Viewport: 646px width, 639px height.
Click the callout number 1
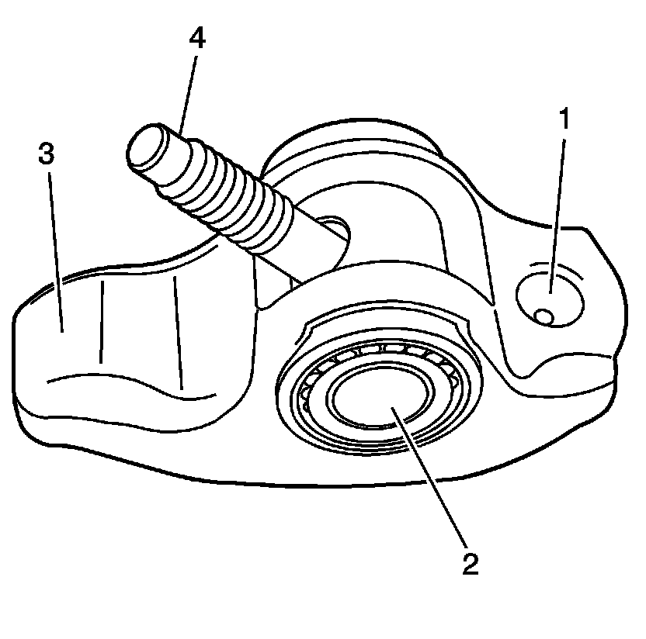[564, 121]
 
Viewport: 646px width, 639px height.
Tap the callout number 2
[469, 562]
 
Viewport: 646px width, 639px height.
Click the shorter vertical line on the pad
[102, 322]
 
